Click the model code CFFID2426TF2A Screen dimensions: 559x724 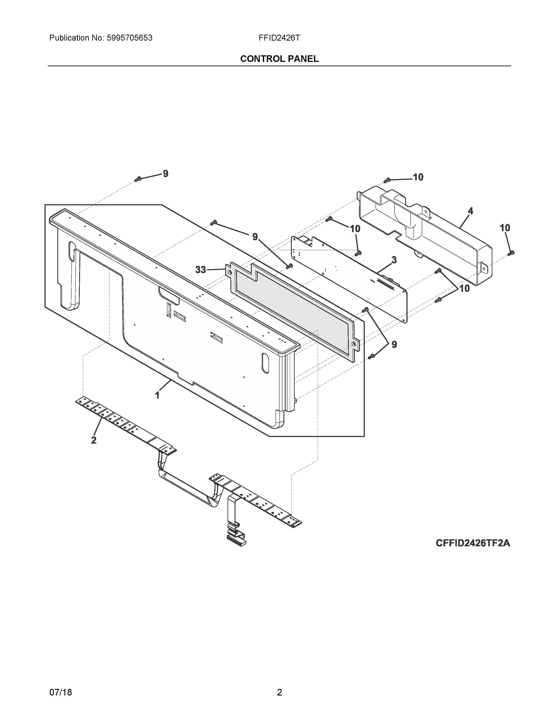pyautogui.click(x=473, y=543)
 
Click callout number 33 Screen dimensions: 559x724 pyautogui.click(x=200, y=270)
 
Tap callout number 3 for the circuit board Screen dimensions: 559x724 pyautogui.click(x=394, y=260)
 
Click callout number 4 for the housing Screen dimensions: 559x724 pyautogui.click(x=470, y=211)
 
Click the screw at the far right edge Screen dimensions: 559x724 pyautogui.click(x=511, y=253)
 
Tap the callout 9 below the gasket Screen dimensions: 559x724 pyautogui.click(x=394, y=345)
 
